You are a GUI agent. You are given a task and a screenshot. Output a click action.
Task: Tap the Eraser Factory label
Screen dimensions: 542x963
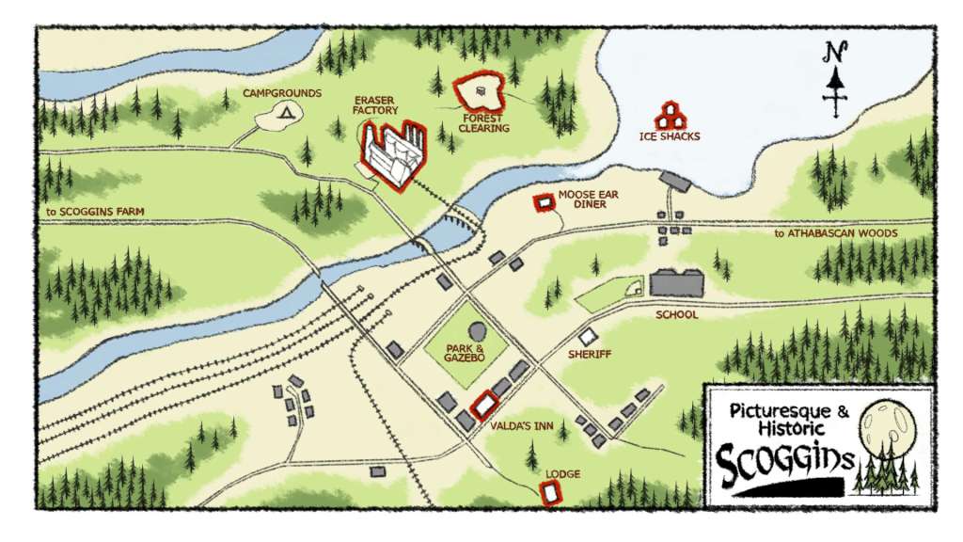click(x=375, y=104)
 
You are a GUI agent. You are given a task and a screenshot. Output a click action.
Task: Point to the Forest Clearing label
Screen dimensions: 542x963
click(x=484, y=123)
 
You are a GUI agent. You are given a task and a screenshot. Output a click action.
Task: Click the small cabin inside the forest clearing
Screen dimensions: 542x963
click(x=481, y=91)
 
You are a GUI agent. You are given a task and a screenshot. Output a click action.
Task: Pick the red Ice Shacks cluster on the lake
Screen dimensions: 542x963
click(x=671, y=116)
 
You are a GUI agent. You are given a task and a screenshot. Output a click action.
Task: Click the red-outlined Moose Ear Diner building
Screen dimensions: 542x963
click(x=543, y=202)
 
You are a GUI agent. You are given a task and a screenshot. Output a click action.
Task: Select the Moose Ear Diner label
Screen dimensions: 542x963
click(x=589, y=199)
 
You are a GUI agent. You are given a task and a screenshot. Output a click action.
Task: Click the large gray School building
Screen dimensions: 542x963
click(x=677, y=283)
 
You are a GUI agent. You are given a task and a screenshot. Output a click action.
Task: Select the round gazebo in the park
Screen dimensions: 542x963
click(x=478, y=333)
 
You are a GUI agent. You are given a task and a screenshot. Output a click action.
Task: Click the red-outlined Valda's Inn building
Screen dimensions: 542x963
click(x=484, y=406)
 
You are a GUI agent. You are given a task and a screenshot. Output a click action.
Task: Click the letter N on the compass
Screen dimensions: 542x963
click(x=832, y=53)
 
